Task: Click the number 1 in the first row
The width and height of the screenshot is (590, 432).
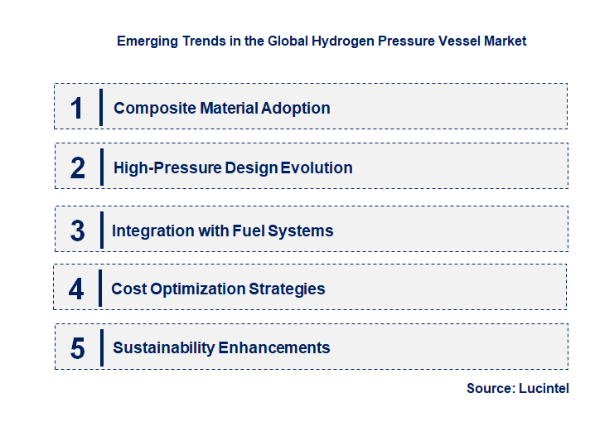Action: tap(76, 108)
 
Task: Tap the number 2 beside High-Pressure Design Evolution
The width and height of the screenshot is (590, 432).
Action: tap(78, 168)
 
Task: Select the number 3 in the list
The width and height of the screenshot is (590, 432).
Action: tap(77, 231)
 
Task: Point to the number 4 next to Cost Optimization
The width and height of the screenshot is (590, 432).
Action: tap(76, 289)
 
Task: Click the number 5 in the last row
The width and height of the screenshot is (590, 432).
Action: tap(77, 348)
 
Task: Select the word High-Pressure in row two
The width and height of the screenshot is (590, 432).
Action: tap(167, 168)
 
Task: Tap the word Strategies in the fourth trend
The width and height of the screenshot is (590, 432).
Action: tap(288, 289)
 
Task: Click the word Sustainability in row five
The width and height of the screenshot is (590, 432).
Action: tap(163, 348)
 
